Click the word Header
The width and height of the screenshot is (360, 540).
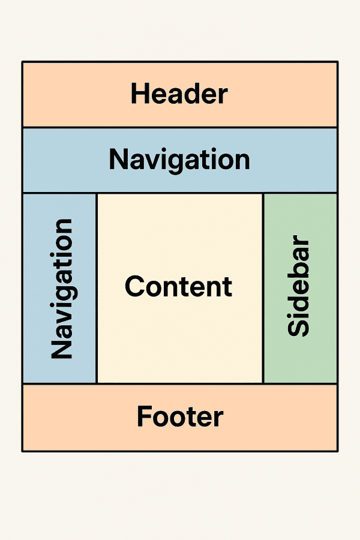(179, 95)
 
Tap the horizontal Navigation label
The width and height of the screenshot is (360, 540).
(179, 160)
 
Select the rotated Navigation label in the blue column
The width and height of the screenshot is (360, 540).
(62, 289)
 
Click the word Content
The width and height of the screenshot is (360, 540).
(178, 286)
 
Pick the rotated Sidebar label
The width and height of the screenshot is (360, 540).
(298, 287)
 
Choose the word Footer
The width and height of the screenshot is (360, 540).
(180, 416)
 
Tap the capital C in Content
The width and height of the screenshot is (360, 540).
(134, 286)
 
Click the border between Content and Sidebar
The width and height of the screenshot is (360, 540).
(263, 288)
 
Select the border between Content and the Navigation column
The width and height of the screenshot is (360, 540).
(97, 288)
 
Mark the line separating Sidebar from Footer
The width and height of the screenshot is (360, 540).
(300, 383)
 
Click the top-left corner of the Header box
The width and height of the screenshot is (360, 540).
(23, 62)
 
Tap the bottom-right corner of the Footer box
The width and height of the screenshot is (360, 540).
(337, 451)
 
